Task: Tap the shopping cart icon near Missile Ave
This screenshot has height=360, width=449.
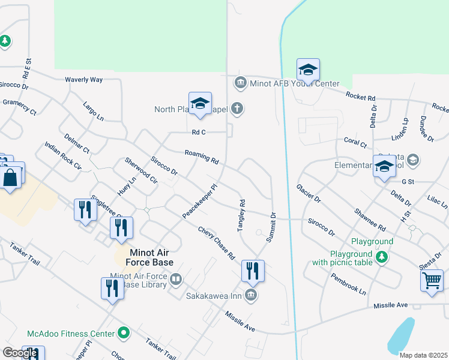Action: click(432, 280)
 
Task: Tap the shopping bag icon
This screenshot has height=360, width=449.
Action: click(10, 178)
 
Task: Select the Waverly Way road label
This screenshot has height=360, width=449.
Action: click(84, 79)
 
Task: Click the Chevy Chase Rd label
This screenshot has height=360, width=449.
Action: click(216, 242)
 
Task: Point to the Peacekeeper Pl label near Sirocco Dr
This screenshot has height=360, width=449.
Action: click(199, 200)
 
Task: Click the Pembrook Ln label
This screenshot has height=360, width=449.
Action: click(348, 284)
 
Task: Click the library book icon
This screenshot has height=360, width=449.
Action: click(176, 278)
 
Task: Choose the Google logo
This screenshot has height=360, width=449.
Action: click(20, 353)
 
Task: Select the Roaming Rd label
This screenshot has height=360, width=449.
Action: click(202, 157)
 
